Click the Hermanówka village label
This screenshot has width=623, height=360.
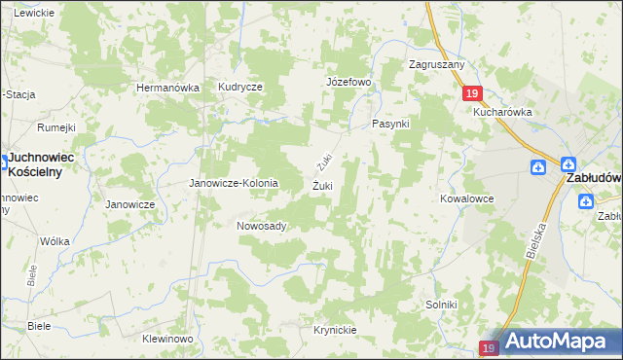pyautogui.click(x=167, y=88)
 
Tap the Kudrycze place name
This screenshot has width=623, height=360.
pyautogui.click(x=240, y=88)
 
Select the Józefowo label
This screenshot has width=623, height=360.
pyautogui.click(x=348, y=82)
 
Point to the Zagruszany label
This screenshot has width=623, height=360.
pyautogui.click(x=437, y=65)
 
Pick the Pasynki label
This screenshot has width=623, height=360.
pyautogui.click(x=391, y=126)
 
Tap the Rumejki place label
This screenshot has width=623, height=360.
pyautogui.click(x=56, y=126)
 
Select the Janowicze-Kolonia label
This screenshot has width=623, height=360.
pyautogui.click(x=233, y=183)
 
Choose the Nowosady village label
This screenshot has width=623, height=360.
pyautogui.click(x=261, y=226)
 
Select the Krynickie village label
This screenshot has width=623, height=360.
pyautogui.click(x=335, y=330)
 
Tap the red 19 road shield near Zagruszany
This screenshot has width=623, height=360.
pyautogui.click(x=471, y=92)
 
